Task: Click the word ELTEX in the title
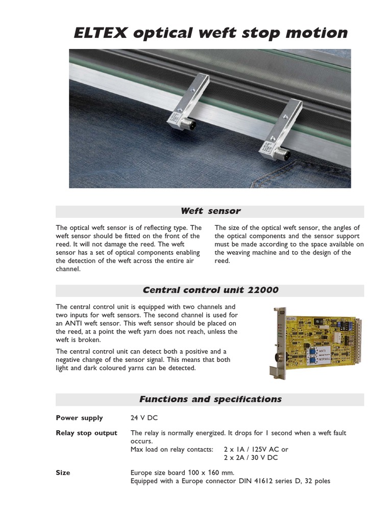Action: pyautogui.click(x=101, y=33)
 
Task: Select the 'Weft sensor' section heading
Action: pyautogui.click(x=210, y=211)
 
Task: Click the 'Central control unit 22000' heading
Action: pyautogui.click(x=210, y=290)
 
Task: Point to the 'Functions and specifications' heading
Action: pyautogui.click(x=210, y=399)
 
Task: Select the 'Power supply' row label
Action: pyautogui.click(x=79, y=418)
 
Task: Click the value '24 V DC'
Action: pyautogui.click(x=145, y=418)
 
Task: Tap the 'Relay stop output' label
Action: pyautogui.click(x=86, y=433)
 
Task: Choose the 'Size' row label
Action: pyautogui.click(x=63, y=473)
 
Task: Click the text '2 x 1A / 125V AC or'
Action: pyautogui.click(x=256, y=449)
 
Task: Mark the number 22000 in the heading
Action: pyautogui.click(x=261, y=290)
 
